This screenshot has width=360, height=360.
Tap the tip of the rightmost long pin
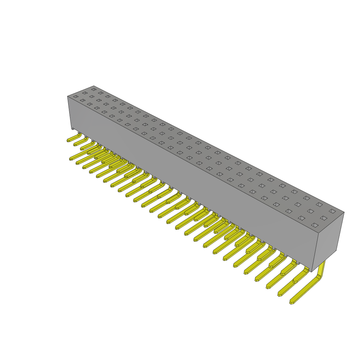click(292, 302)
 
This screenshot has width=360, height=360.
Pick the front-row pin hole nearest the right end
click(315, 225)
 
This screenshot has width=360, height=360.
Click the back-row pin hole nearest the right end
click(332, 211)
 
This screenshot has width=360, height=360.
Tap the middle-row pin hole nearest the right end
click(323, 218)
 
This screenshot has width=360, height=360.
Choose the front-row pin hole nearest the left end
click(76, 96)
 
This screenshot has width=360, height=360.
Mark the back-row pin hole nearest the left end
click(94, 89)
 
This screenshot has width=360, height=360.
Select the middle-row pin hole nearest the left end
click(85, 93)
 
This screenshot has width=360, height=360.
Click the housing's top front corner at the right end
click(318, 233)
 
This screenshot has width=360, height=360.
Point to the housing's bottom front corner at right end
click(311, 271)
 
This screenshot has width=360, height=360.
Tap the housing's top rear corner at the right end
click(344, 212)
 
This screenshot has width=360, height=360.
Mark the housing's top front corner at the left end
click(68, 96)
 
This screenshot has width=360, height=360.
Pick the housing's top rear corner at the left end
click(94, 86)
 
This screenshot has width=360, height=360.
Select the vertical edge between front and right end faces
click(315, 252)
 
